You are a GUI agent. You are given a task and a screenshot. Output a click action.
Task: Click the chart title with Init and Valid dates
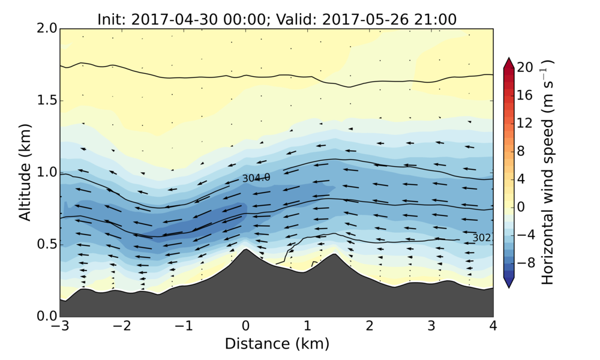coord(277,19)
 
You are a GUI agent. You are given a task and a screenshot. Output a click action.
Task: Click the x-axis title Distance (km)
coord(277,344)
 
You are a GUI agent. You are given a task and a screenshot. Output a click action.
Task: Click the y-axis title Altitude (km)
coord(25,173)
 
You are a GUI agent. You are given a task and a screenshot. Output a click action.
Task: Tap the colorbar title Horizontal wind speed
coord(548,173)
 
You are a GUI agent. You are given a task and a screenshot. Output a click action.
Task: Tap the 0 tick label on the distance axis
coord(245,326)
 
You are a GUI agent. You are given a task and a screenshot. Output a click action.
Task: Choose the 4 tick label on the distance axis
coord(493,326)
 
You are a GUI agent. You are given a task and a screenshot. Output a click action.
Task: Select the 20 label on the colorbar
coord(526,68)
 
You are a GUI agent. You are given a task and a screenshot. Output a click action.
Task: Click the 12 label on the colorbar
coord(526,124)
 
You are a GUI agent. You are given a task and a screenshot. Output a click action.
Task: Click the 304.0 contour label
coord(256,178)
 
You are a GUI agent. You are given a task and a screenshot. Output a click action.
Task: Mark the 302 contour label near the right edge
coord(482,238)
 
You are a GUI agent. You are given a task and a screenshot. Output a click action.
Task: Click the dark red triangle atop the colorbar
coord(508,63)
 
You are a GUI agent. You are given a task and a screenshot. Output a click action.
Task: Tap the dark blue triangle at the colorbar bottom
coord(508,283)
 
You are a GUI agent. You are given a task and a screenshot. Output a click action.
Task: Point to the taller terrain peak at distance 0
coord(245,251)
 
